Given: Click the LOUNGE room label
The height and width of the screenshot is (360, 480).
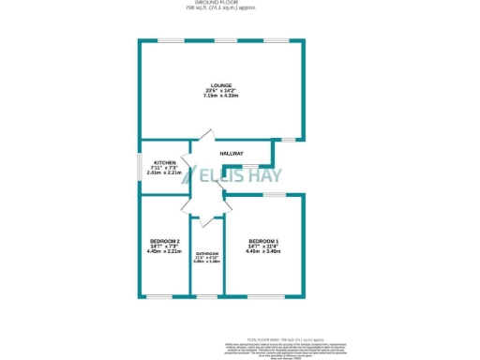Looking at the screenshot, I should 221,85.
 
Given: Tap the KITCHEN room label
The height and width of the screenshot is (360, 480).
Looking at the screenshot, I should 164,162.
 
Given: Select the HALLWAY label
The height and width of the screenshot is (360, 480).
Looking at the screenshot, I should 232,154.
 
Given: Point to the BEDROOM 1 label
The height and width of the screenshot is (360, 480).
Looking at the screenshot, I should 263,240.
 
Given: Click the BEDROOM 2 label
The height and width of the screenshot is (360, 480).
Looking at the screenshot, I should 164,240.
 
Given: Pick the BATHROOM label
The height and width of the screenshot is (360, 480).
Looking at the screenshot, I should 206,255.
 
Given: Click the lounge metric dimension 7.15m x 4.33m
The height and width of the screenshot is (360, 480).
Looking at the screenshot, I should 221,97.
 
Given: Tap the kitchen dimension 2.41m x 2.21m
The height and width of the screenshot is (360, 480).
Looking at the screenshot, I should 164,172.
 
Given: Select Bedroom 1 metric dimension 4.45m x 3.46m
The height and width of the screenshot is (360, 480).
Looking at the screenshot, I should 263,251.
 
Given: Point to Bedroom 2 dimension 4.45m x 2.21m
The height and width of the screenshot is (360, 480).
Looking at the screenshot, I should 164,251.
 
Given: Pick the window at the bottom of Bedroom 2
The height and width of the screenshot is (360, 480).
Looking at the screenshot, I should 160,297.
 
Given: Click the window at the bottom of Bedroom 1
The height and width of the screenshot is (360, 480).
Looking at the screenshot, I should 263,297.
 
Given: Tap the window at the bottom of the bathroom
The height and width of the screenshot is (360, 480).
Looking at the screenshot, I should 206,297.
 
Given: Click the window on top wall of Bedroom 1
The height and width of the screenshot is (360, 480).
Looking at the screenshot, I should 274,194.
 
